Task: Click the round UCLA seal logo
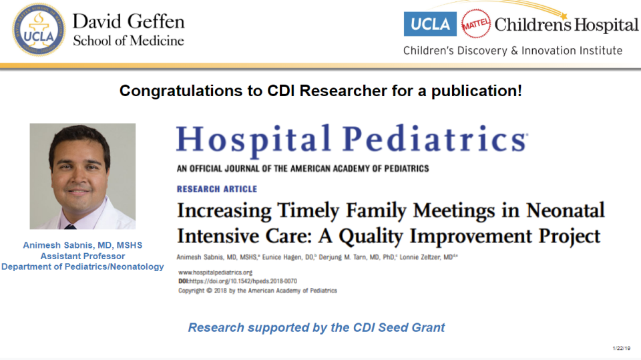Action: coord(39,29)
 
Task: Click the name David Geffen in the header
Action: coord(128,21)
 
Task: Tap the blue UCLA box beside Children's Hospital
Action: coord(430,24)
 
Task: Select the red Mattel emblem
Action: coord(475,24)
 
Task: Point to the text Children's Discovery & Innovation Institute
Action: coord(512,51)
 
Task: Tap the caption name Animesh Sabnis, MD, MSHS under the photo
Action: coord(83,245)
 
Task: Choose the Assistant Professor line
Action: coord(83,256)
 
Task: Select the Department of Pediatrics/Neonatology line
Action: coord(83,266)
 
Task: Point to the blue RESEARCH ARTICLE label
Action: coord(216,189)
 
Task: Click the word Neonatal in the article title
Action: coord(565,211)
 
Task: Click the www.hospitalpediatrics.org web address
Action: coord(215,273)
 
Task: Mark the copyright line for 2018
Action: coord(258,291)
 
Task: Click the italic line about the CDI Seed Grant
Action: coord(316,327)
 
